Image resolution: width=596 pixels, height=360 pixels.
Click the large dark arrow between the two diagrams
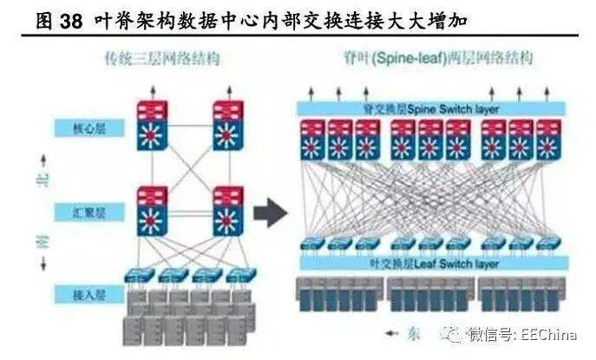[272, 210]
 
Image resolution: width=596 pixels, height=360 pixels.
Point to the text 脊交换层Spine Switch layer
[431, 108]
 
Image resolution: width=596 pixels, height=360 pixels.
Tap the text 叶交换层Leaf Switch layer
[431, 261]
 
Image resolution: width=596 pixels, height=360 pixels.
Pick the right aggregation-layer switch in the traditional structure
[228, 210]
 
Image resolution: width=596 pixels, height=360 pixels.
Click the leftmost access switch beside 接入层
[139, 275]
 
